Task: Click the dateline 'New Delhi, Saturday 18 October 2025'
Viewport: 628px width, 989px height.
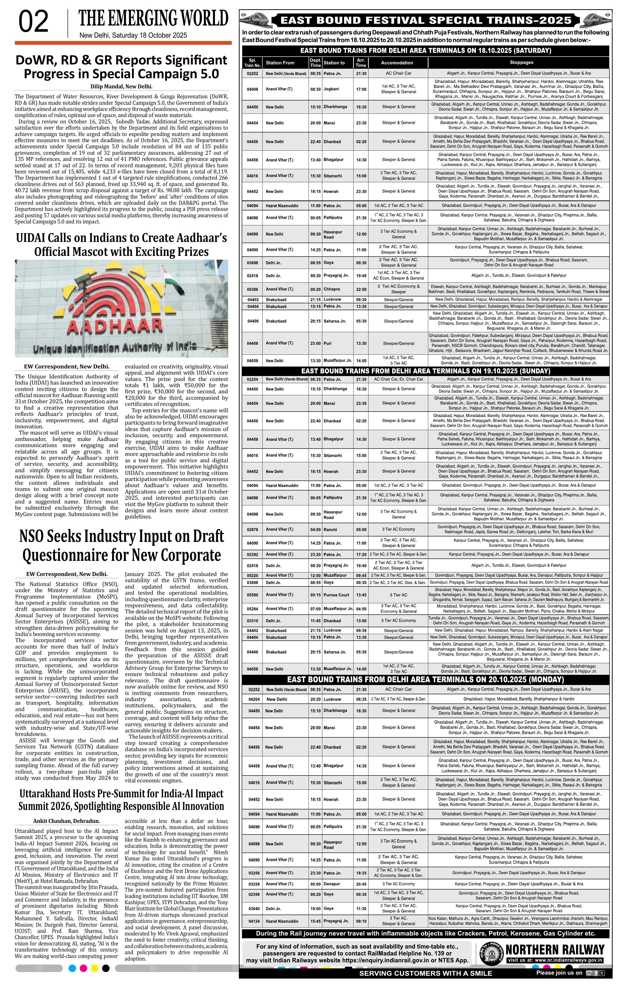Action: [133, 35]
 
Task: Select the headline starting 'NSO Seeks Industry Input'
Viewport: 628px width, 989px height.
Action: [122, 546]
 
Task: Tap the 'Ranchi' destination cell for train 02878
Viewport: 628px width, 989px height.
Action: [330, 529]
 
